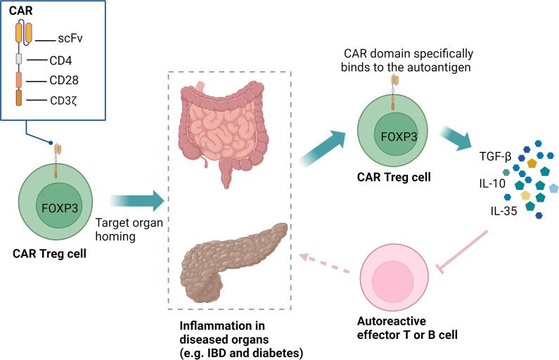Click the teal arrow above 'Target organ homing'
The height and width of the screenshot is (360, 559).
(x=136, y=202)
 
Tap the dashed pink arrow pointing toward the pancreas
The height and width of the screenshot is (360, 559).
(x=325, y=263)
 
